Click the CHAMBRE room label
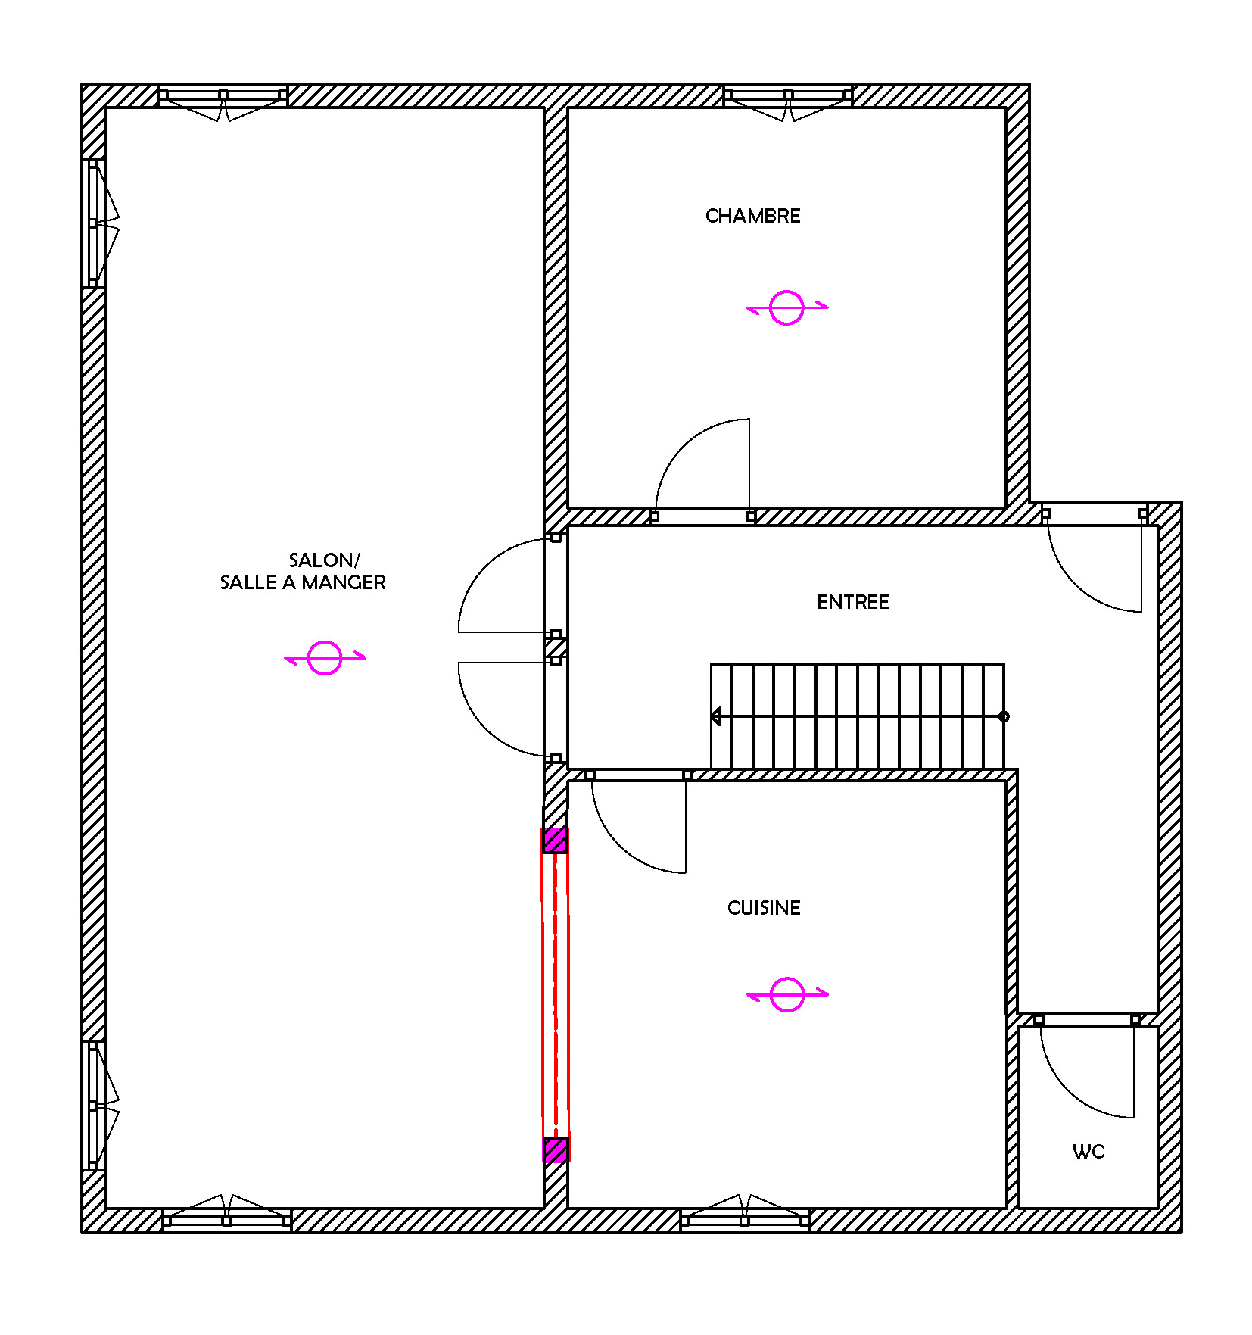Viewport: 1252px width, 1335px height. pyautogui.click(x=752, y=216)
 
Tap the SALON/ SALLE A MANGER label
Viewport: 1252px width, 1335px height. pyautogui.click(x=303, y=571)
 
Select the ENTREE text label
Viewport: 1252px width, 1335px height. pyautogui.click(x=852, y=602)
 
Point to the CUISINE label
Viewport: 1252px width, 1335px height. pyautogui.click(x=764, y=908)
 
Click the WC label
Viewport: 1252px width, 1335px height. pyautogui.click(x=1088, y=1152)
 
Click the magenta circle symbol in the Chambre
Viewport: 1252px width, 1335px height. pyautogui.click(x=786, y=307)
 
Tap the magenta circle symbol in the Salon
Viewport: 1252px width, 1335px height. pyautogui.click(x=325, y=657)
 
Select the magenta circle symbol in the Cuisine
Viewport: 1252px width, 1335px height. pyautogui.click(x=786, y=994)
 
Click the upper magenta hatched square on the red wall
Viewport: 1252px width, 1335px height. pyautogui.click(x=555, y=840)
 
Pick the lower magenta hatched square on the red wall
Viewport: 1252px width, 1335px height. pyautogui.click(x=556, y=1149)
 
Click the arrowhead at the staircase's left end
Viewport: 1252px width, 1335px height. pyautogui.click(x=715, y=716)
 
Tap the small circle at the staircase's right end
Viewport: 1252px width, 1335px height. pyautogui.click(x=1004, y=716)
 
